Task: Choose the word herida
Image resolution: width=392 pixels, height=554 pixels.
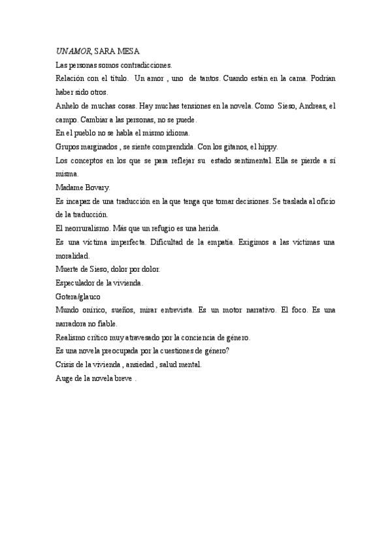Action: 208,228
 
